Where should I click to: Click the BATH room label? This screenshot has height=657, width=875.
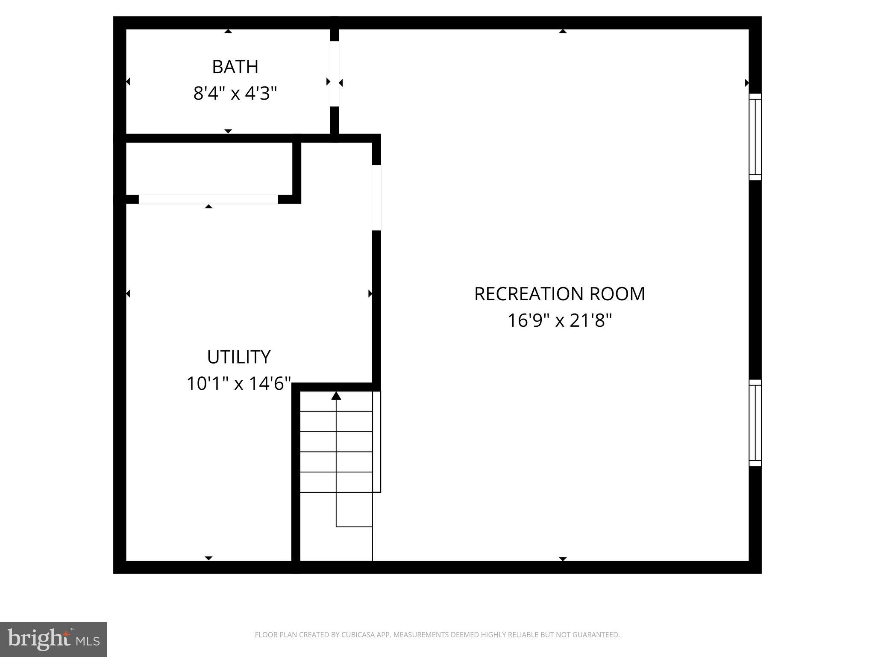235,67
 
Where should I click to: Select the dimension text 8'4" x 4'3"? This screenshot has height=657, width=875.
235,93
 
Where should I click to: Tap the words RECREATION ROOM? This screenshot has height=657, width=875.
559,294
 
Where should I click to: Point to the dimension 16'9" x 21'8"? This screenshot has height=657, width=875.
559,320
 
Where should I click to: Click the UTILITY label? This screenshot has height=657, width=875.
238,357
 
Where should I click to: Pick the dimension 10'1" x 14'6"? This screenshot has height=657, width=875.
238,384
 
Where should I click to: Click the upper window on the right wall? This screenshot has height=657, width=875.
755,137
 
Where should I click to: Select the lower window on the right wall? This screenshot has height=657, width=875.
755,423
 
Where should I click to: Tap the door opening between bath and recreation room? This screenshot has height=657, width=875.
335,74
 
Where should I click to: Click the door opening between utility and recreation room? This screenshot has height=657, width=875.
376,198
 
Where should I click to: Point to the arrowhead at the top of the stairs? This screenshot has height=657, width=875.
336,396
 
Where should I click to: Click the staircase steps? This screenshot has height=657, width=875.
336,451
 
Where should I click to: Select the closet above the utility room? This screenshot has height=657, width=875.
209,168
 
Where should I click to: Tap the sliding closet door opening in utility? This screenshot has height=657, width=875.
208,199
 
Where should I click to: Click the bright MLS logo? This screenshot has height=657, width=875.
53,639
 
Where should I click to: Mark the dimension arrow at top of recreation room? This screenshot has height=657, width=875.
563,31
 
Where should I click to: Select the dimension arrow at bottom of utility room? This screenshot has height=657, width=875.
208,558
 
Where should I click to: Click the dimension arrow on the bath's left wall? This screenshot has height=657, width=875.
128,81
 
